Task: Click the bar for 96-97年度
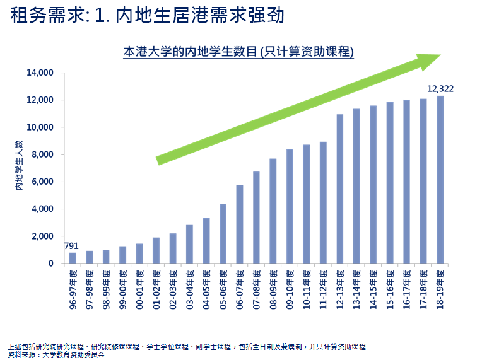point(73,258)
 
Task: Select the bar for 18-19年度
point(440,180)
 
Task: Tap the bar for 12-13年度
point(339,189)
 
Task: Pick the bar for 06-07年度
point(240,224)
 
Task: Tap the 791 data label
point(71,247)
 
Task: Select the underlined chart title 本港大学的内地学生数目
point(238,52)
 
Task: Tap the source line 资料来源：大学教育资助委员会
point(56,355)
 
